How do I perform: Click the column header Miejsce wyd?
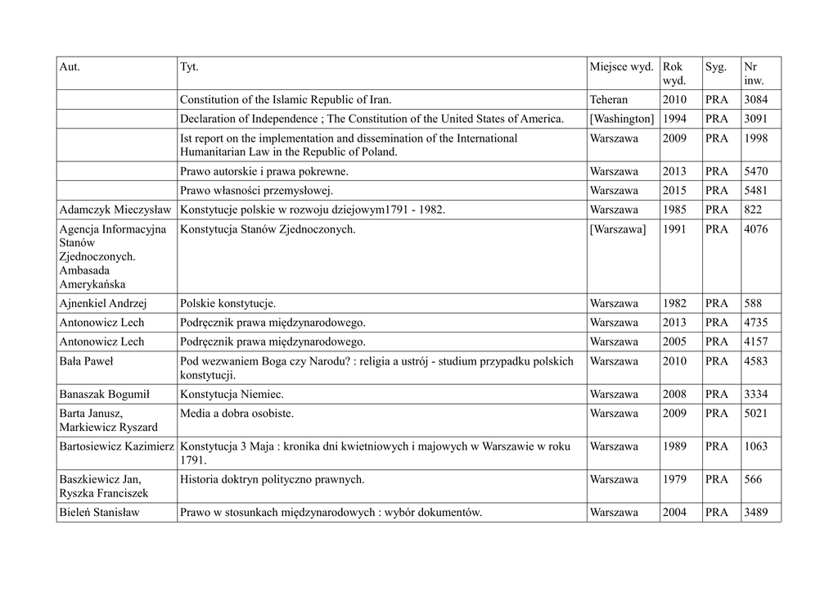pos(621,66)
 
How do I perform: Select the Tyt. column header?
pos(188,66)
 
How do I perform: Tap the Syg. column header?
pos(715,66)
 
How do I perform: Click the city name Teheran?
pos(608,100)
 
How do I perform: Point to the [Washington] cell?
pos(621,119)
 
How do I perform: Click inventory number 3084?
pos(755,100)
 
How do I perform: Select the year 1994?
pos(674,119)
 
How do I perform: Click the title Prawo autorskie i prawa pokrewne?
pos(264,171)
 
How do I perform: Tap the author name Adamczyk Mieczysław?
pos(115,210)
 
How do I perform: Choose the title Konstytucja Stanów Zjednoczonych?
pos(268,229)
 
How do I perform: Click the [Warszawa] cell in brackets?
pos(617,229)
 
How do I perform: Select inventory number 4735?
pos(755,322)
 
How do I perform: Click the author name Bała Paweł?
pos(86,361)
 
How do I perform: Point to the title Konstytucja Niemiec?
pos(230,394)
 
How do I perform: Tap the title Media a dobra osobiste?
pos(237,413)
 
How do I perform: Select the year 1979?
pos(674,479)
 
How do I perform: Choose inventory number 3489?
pos(755,513)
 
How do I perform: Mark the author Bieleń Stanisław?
pos(99,513)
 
